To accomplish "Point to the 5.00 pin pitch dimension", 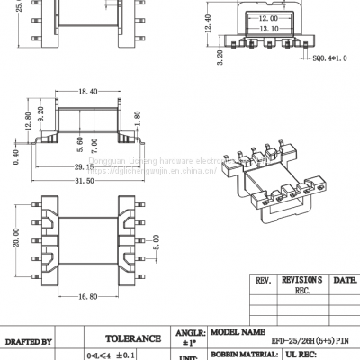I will [x=157, y=244].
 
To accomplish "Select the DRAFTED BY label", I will [x=29, y=342].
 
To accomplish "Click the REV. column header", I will [x=265, y=281].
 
